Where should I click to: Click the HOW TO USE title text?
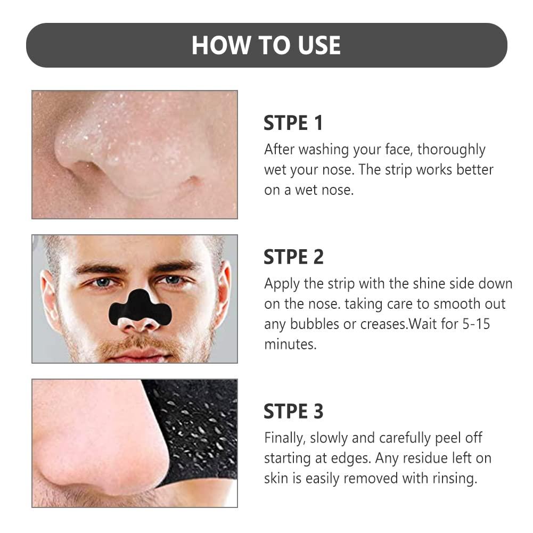(x=266, y=45)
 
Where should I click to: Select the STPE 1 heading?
(x=293, y=124)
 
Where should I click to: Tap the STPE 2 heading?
(x=293, y=257)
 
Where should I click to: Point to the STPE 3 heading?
(x=293, y=411)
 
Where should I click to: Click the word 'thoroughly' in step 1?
(x=451, y=150)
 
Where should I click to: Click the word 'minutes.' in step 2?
(x=290, y=344)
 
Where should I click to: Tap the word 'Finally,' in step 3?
(x=285, y=438)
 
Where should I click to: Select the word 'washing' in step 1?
(x=322, y=150)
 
